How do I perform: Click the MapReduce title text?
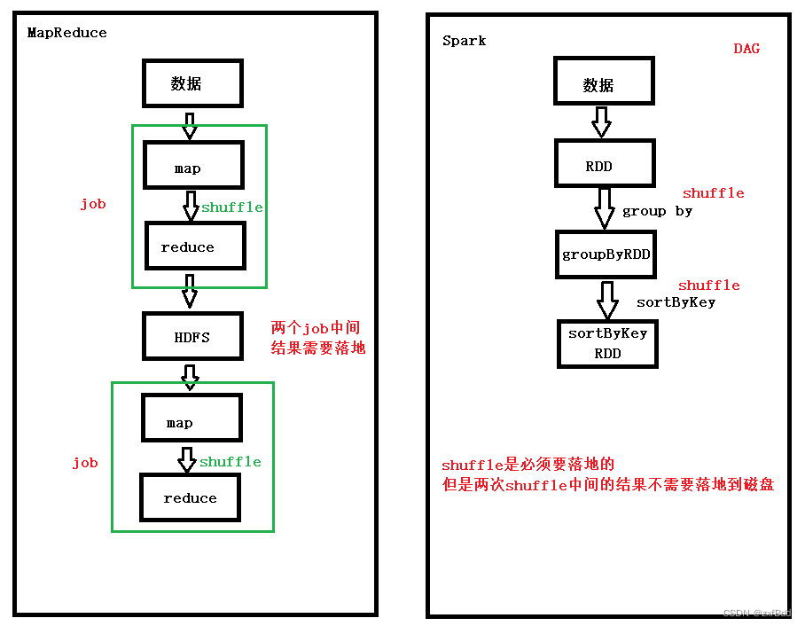click(66, 33)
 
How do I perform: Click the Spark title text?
click(464, 41)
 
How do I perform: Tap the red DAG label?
click(746, 49)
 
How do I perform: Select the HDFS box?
click(192, 336)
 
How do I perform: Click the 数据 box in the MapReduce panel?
click(192, 84)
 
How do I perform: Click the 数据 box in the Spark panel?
click(605, 85)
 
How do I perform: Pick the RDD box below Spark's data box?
click(605, 165)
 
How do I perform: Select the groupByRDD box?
click(606, 254)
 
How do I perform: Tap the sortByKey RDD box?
click(607, 343)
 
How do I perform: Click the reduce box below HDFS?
click(190, 498)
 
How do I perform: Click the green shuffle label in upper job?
click(231, 207)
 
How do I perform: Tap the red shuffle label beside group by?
click(713, 193)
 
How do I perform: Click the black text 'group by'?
click(657, 211)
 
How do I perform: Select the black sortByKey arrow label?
click(676, 302)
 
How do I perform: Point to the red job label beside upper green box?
click(92, 204)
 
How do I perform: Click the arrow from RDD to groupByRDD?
click(605, 207)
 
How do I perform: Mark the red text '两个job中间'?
click(316, 328)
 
